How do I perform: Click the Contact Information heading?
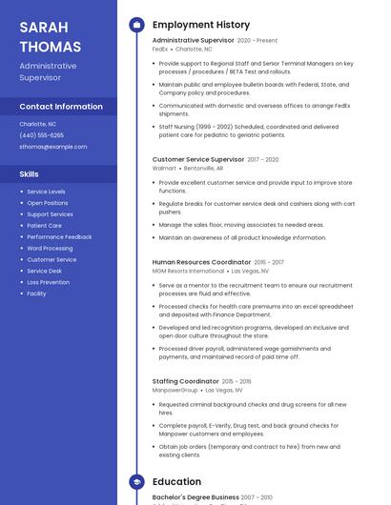tap(61, 107)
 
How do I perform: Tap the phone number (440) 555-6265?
tap(41, 135)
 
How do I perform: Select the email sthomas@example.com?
tap(53, 147)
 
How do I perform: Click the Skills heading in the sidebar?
tap(30, 174)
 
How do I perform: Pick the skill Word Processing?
tap(50, 248)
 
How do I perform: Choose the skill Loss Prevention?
tap(48, 282)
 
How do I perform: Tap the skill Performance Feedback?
tap(59, 236)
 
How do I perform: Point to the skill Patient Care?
tap(44, 226)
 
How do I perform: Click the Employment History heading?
tap(201, 25)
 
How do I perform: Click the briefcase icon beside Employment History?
tap(136, 25)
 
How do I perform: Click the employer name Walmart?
tap(164, 168)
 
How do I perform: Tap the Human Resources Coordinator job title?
tap(201, 262)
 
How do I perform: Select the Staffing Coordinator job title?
tap(186, 381)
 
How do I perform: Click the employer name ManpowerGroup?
tap(175, 390)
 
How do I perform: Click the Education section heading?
tap(176, 482)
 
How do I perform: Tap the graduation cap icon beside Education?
tap(136, 482)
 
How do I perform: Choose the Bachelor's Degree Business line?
tap(195, 497)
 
